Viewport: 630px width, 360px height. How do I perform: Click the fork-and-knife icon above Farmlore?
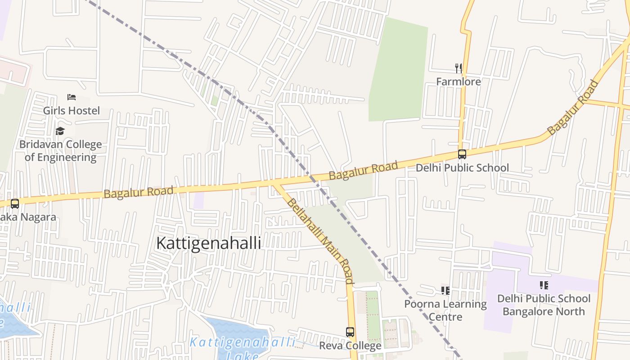point(459,68)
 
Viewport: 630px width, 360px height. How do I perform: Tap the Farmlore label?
point(459,81)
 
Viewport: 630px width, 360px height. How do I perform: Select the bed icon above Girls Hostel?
point(71,97)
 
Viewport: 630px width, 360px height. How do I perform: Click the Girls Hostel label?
point(71,110)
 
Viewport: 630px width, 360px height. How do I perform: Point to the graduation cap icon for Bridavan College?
point(60,131)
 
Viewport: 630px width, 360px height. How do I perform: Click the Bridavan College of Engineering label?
point(60,151)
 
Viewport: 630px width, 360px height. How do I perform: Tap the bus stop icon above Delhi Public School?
point(462,154)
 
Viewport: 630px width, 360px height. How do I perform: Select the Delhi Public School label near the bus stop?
point(462,168)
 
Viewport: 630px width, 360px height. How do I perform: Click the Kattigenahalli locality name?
point(208,243)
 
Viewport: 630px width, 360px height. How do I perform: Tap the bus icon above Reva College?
point(350,332)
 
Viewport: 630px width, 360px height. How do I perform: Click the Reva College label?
point(350,346)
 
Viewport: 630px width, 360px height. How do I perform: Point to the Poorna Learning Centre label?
point(445,310)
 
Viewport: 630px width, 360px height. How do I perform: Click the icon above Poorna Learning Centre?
point(445,291)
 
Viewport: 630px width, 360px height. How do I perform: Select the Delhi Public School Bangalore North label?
point(544,305)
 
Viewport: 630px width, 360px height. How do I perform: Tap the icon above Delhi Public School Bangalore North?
point(544,285)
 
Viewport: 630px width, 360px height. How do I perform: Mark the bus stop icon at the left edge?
point(15,203)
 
